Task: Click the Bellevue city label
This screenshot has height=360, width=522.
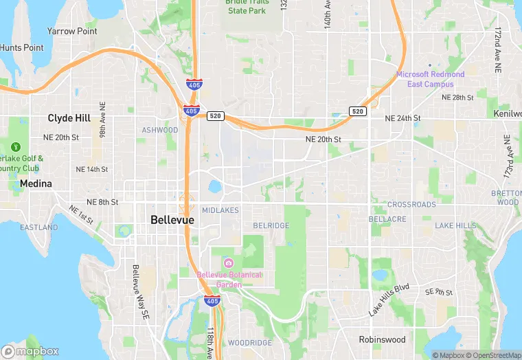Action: (x=172, y=220)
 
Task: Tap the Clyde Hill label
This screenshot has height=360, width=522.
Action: (x=69, y=118)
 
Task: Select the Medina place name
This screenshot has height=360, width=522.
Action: (x=36, y=184)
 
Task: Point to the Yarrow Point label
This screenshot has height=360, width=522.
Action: (x=72, y=32)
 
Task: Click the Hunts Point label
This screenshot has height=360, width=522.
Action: (x=21, y=48)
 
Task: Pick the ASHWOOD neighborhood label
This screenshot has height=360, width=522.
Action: (x=159, y=130)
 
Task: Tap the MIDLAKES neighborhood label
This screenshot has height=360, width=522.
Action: (x=220, y=210)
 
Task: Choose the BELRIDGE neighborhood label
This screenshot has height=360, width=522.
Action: (x=271, y=225)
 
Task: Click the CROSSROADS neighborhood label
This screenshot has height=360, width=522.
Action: (x=411, y=205)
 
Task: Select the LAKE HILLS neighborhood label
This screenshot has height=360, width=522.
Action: (x=455, y=225)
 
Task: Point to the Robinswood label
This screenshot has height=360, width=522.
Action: (x=383, y=339)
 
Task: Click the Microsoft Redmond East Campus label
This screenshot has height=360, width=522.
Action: (x=430, y=79)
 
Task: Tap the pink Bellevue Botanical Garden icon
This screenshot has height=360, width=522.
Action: (x=228, y=263)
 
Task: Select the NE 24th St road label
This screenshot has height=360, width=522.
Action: (x=402, y=118)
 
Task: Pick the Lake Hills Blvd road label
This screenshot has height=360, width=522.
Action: (x=389, y=300)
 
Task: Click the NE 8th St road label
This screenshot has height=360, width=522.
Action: (x=102, y=202)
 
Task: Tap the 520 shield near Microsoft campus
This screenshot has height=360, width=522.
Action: (x=357, y=111)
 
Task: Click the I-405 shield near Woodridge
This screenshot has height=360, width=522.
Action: (x=212, y=300)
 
